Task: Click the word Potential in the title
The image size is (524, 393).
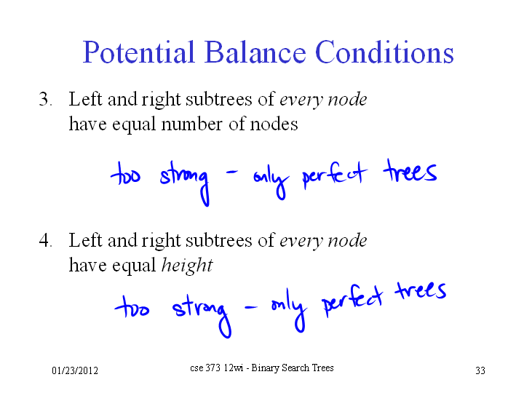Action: coord(139,52)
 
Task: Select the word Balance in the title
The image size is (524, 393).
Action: coord(255,52)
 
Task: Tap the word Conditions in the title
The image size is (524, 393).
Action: coord(384,52)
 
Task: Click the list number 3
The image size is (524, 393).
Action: coord(45,99)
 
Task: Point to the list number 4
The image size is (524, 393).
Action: coord(45,240)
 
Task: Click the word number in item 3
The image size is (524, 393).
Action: coord(192,124)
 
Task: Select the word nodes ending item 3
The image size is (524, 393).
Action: coord(274,124)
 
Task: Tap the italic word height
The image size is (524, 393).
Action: coord(187,266)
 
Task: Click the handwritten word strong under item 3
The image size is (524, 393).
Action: coord(185,182)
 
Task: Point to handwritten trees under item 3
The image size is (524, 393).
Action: coord(410,171)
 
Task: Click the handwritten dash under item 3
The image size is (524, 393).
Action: coord(232,172)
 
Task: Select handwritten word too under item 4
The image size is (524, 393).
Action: coord(132,307)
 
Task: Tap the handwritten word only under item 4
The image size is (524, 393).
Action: coord(289,311)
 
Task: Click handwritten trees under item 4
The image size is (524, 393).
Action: coord(421,290)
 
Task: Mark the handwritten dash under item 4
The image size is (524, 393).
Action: coord(251,307)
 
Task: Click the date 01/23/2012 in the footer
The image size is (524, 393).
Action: coord(75,370)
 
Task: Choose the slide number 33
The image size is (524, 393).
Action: coord(480,370)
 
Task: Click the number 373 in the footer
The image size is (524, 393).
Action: coord(213,368)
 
